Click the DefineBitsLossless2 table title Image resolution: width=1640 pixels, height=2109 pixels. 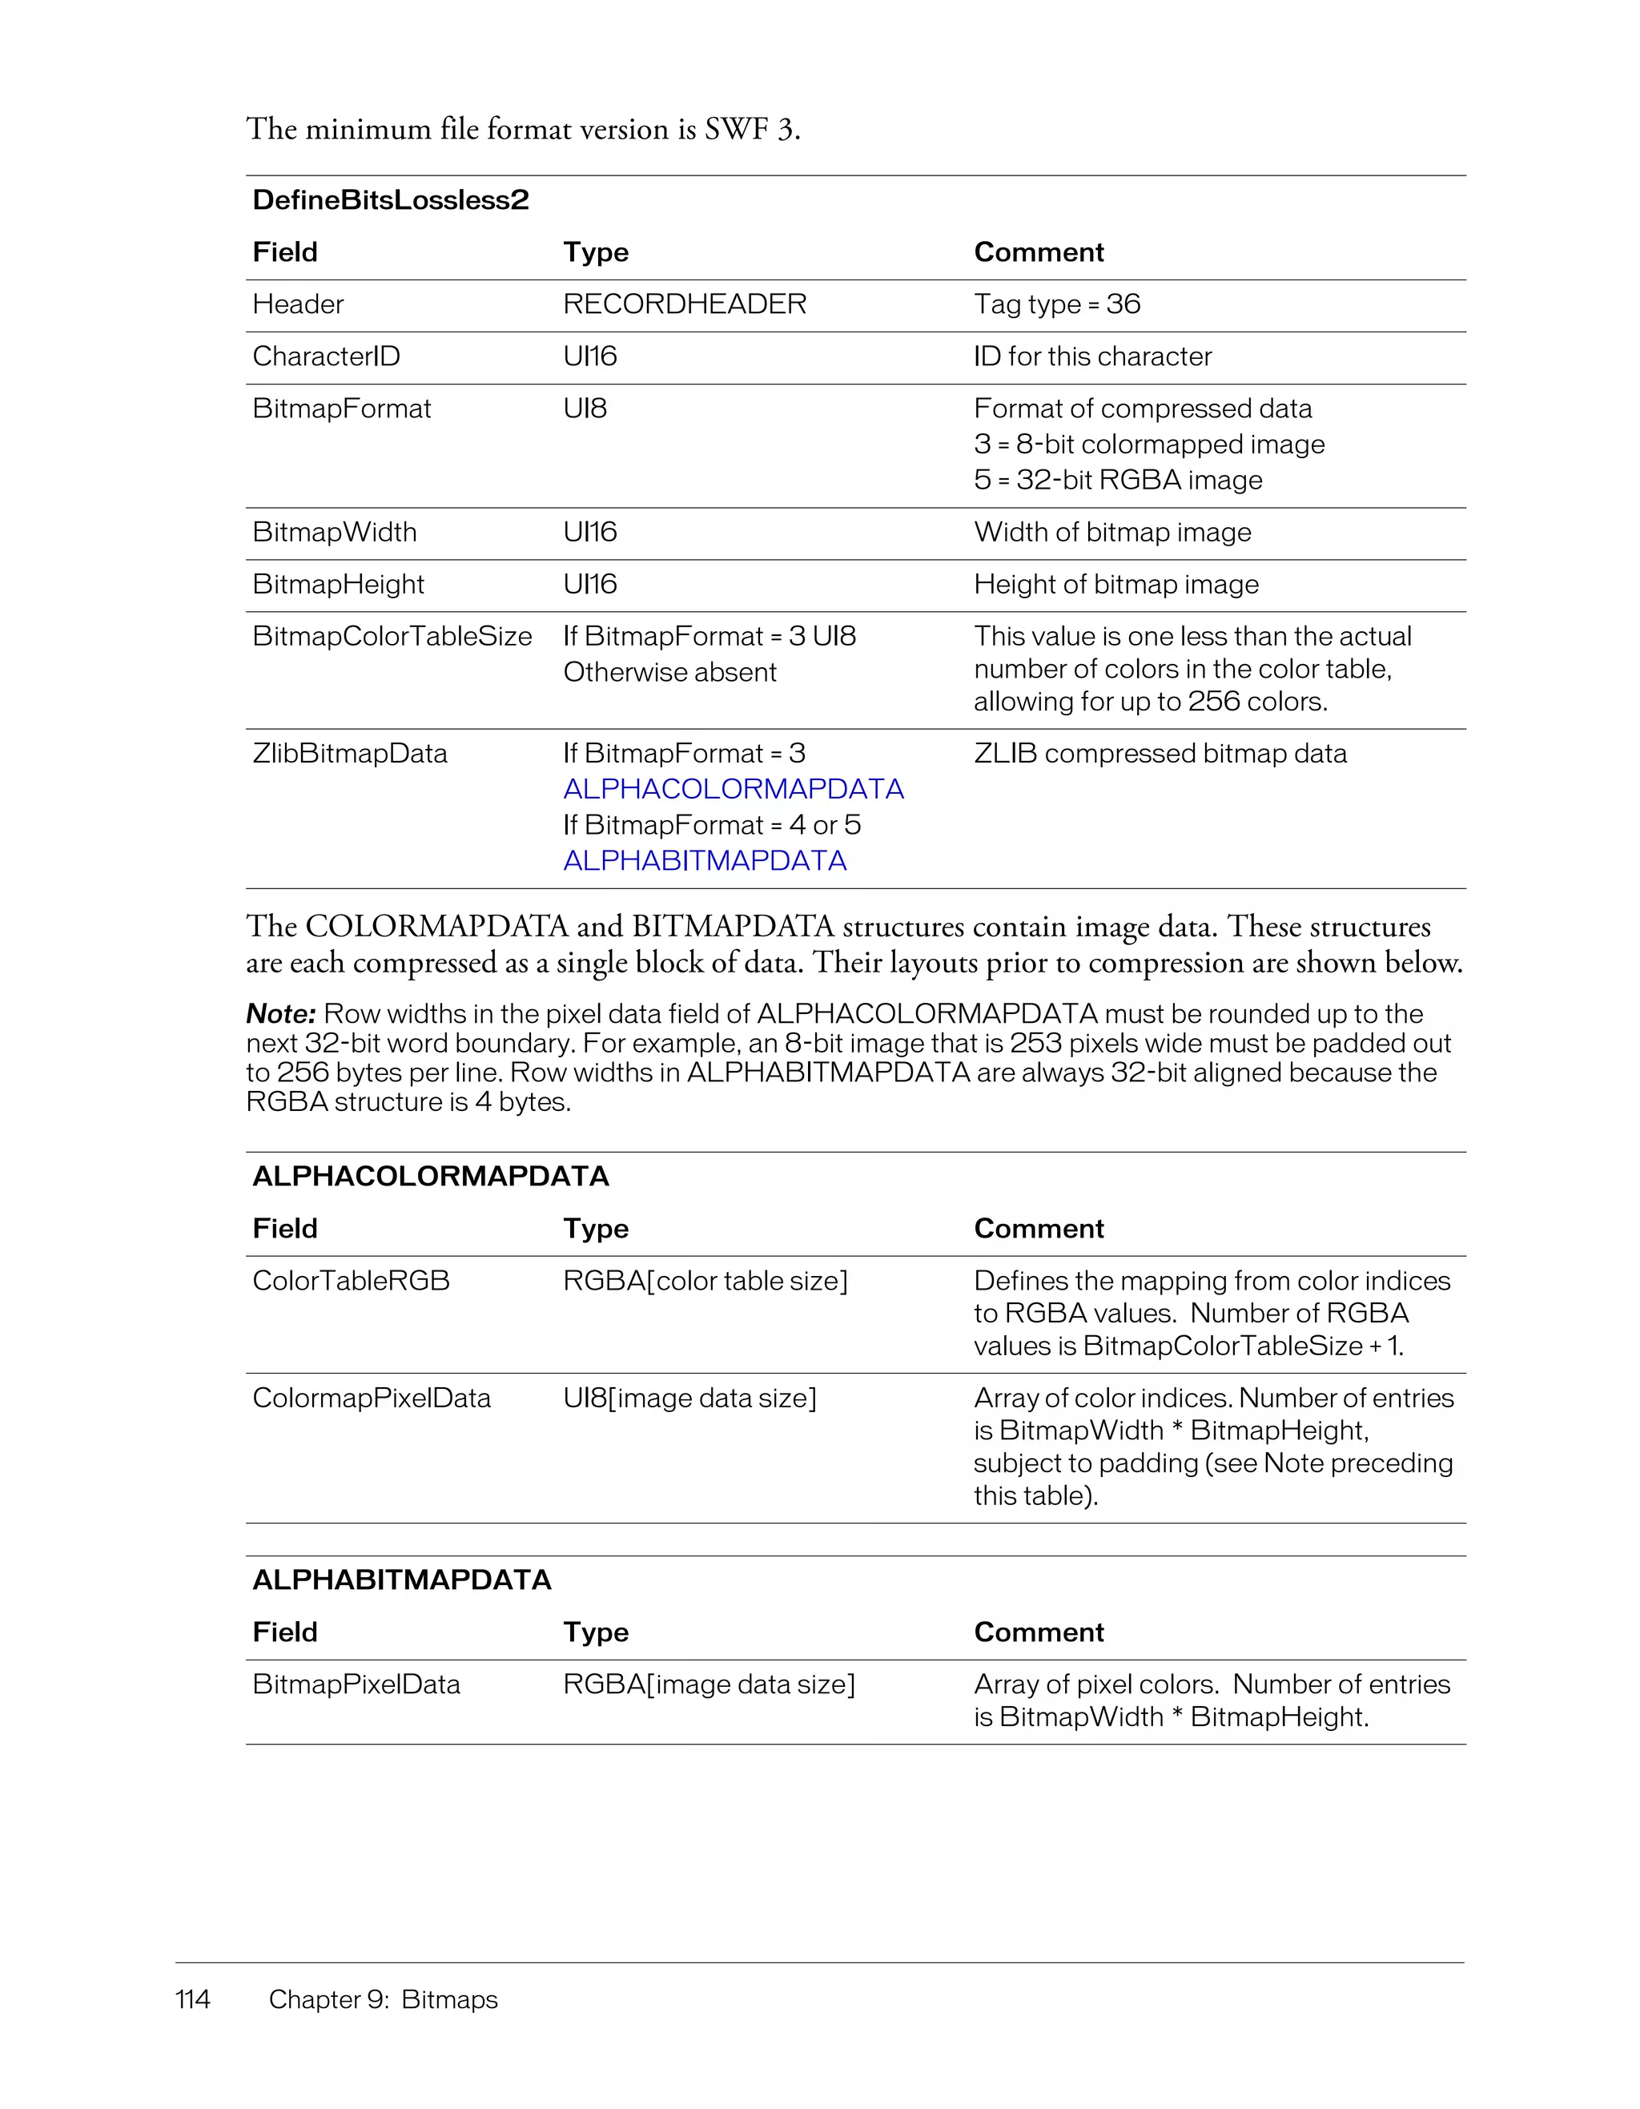390,200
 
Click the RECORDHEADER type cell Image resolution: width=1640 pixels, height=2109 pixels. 685,304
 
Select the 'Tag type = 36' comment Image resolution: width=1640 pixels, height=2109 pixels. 1056,304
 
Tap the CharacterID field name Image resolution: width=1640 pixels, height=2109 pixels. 325,356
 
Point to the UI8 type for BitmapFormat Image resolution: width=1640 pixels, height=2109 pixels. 585,409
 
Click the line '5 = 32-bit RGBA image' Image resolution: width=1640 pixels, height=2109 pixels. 1117,480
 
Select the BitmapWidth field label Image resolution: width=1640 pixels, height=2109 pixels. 334,532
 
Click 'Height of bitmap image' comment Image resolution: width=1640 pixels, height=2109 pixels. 1115,584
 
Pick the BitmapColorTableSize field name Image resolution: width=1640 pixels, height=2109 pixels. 392,636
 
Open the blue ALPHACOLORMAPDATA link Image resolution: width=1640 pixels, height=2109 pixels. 733,789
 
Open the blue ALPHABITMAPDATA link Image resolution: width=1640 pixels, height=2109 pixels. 705,860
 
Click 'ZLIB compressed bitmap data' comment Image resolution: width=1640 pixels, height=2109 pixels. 1160,753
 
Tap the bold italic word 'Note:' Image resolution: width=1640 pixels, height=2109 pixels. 281,1014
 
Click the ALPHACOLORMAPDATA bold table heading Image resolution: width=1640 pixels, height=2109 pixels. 431,1176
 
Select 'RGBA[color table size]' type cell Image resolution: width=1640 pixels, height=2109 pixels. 705,1282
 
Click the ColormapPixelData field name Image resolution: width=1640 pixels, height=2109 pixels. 371,1399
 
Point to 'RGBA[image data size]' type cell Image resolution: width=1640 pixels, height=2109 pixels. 709,1685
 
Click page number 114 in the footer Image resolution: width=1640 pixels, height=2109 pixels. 192,2000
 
